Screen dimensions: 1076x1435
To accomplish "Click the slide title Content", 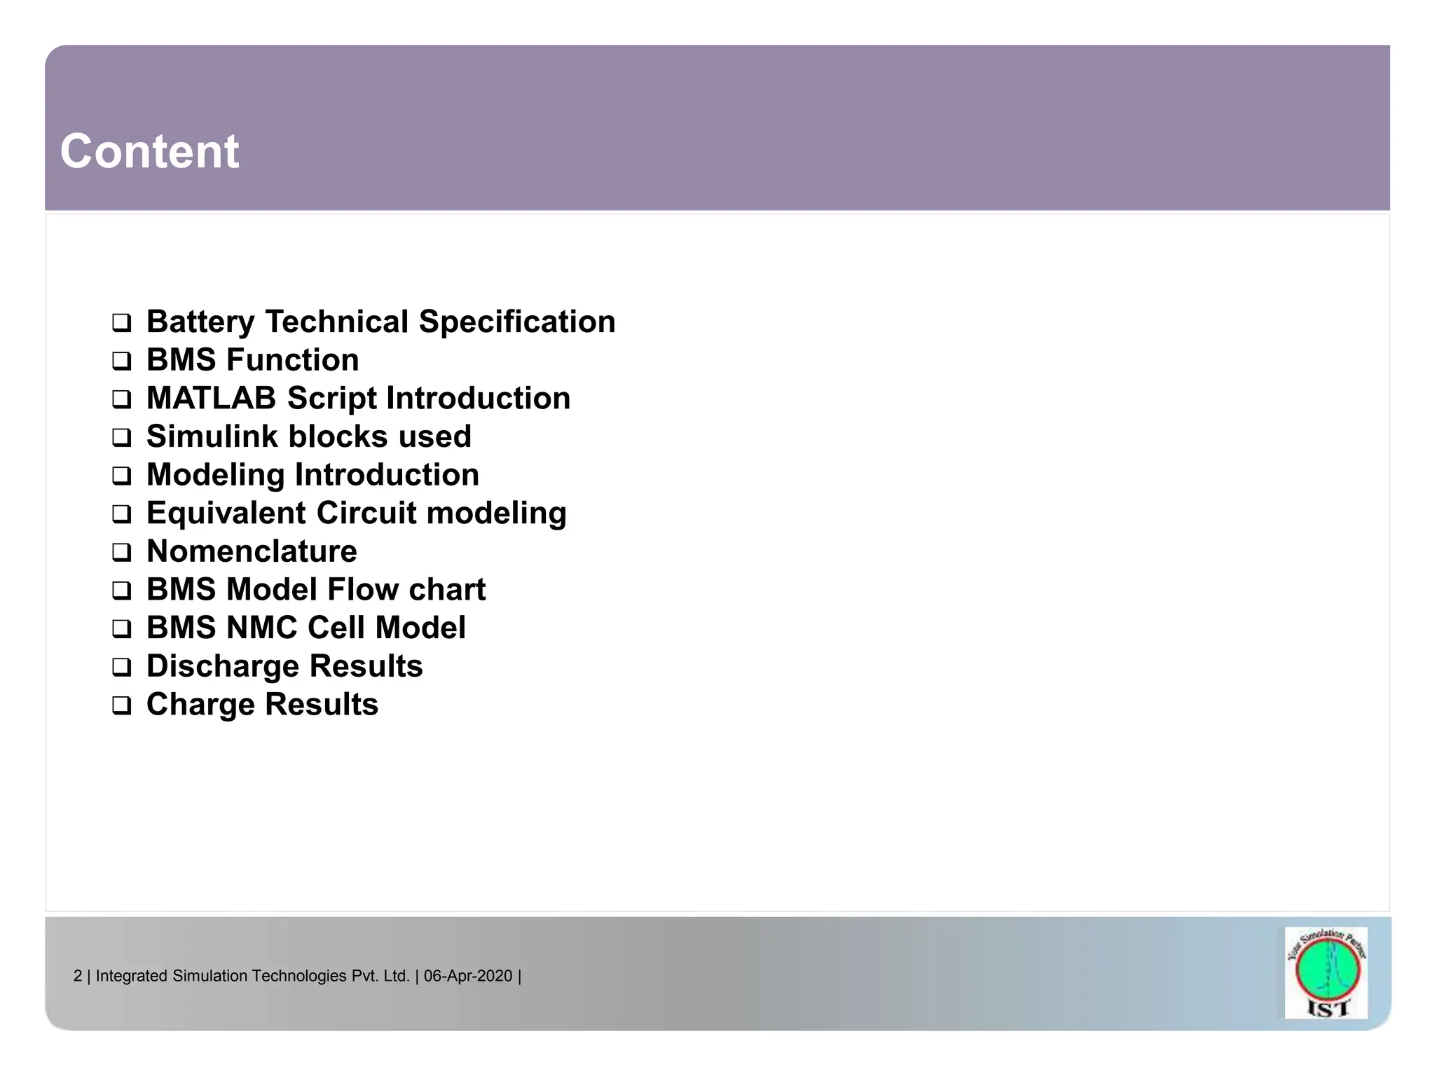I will point(149,151).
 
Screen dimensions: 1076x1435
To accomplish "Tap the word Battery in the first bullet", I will point(200,322).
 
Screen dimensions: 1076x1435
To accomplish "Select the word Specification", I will point(517,322).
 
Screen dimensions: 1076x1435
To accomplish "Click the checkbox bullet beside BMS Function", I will point(122,361).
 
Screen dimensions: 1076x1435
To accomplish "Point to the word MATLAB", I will point(211,399).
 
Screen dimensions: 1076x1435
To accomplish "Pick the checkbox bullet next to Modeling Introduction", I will point(122,476).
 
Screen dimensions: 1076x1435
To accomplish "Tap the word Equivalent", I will point(226,513).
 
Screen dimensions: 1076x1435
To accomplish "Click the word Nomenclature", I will point(252,552).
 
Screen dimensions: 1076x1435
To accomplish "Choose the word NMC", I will point(261,628).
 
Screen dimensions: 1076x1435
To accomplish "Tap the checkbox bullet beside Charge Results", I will point(122,705).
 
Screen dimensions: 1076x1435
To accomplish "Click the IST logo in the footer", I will point(1326,972).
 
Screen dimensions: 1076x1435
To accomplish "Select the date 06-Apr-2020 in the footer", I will point(468,976).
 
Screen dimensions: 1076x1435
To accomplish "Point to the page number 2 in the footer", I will point(78,976).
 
